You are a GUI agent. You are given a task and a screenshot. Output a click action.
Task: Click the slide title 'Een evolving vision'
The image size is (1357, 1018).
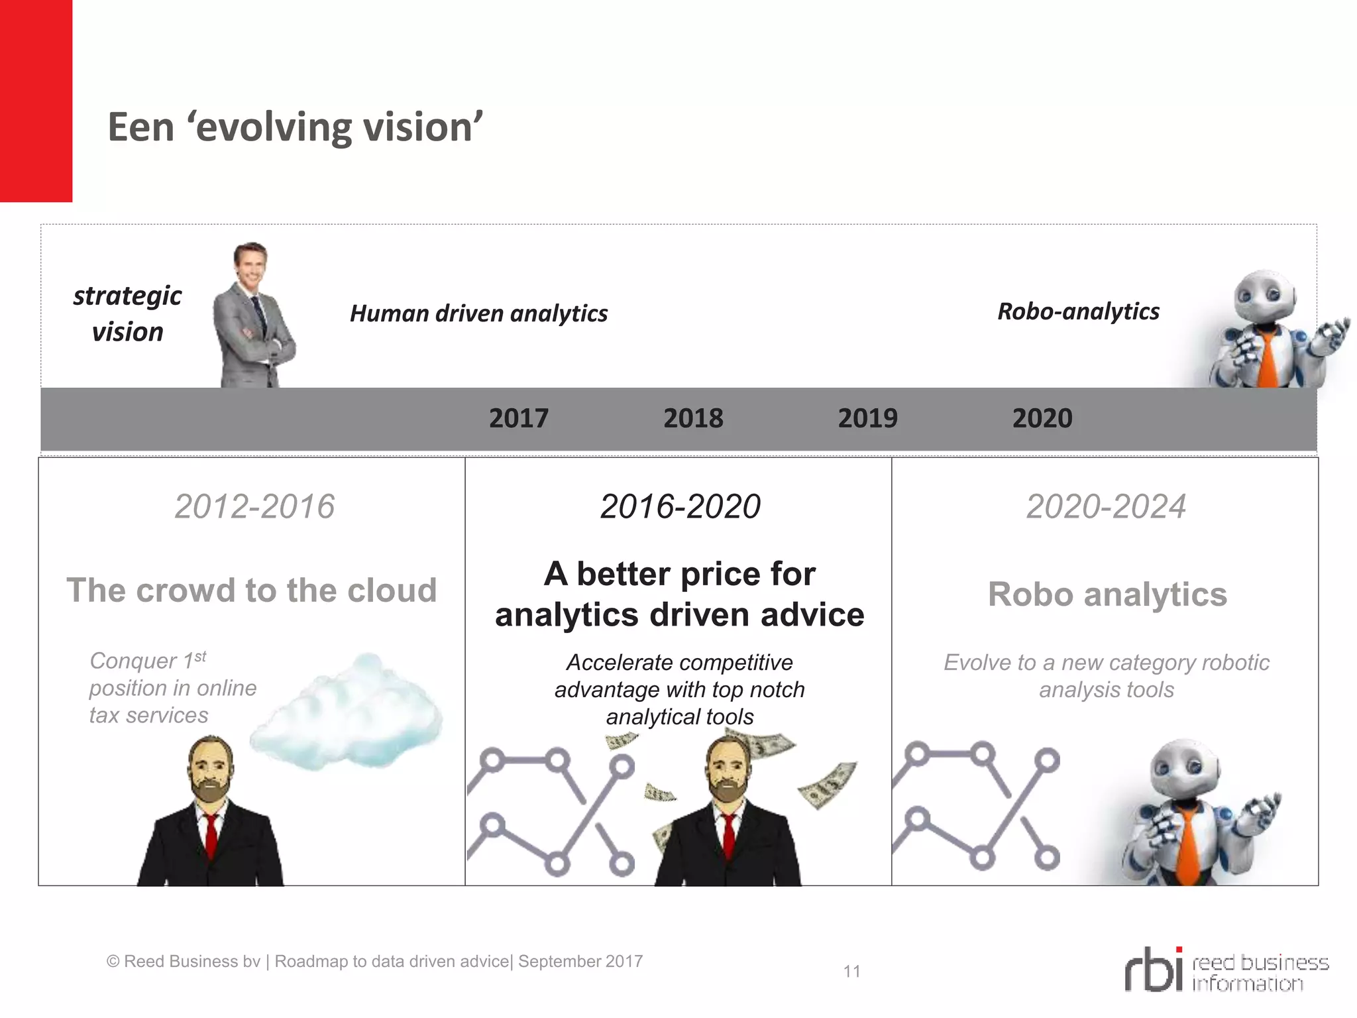pos(296,127)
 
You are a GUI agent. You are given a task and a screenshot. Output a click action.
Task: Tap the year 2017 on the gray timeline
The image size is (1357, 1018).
pos(519,418)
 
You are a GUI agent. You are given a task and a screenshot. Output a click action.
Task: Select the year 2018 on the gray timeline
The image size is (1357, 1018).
pos(693,418)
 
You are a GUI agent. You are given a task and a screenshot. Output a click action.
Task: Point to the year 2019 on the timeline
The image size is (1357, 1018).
pos(867,418)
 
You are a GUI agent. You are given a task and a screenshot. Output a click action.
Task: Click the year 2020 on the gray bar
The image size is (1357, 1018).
pos(1042,418)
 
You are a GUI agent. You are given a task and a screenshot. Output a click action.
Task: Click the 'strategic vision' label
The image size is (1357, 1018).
pos(127,313)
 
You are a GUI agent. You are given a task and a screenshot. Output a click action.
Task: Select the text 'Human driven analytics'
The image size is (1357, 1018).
pos(478,313)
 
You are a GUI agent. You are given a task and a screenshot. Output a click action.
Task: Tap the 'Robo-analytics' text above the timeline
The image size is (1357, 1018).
pos(1078,311)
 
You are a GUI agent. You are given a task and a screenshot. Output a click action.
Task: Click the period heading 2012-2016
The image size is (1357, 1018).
pos(254,507)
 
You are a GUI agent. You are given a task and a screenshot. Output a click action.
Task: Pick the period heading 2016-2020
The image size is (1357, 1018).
pos(680,507)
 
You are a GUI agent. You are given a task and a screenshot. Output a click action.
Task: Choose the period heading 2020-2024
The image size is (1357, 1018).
pos(1106,507)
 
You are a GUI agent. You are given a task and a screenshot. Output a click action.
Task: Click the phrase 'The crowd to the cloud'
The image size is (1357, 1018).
pos(252,591)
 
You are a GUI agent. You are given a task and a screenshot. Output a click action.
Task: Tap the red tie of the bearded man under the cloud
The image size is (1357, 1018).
pos(211,836)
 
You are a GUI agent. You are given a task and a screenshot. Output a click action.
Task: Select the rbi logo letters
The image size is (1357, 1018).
pos(1154,970)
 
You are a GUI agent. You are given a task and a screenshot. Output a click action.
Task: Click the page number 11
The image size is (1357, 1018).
pos(851,972)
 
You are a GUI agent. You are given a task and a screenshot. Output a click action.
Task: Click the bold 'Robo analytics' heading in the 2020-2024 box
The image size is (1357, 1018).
pos(1107,594)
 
